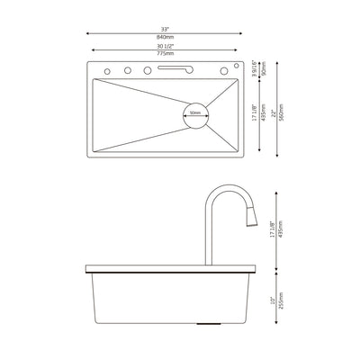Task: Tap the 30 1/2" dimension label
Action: [x=163, y=46]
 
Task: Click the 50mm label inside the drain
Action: [x=195, y=113]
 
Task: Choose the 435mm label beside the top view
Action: [x=263, y=116]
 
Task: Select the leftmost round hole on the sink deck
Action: [x=107, y=70]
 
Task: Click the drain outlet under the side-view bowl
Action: [x=210, y=320]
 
